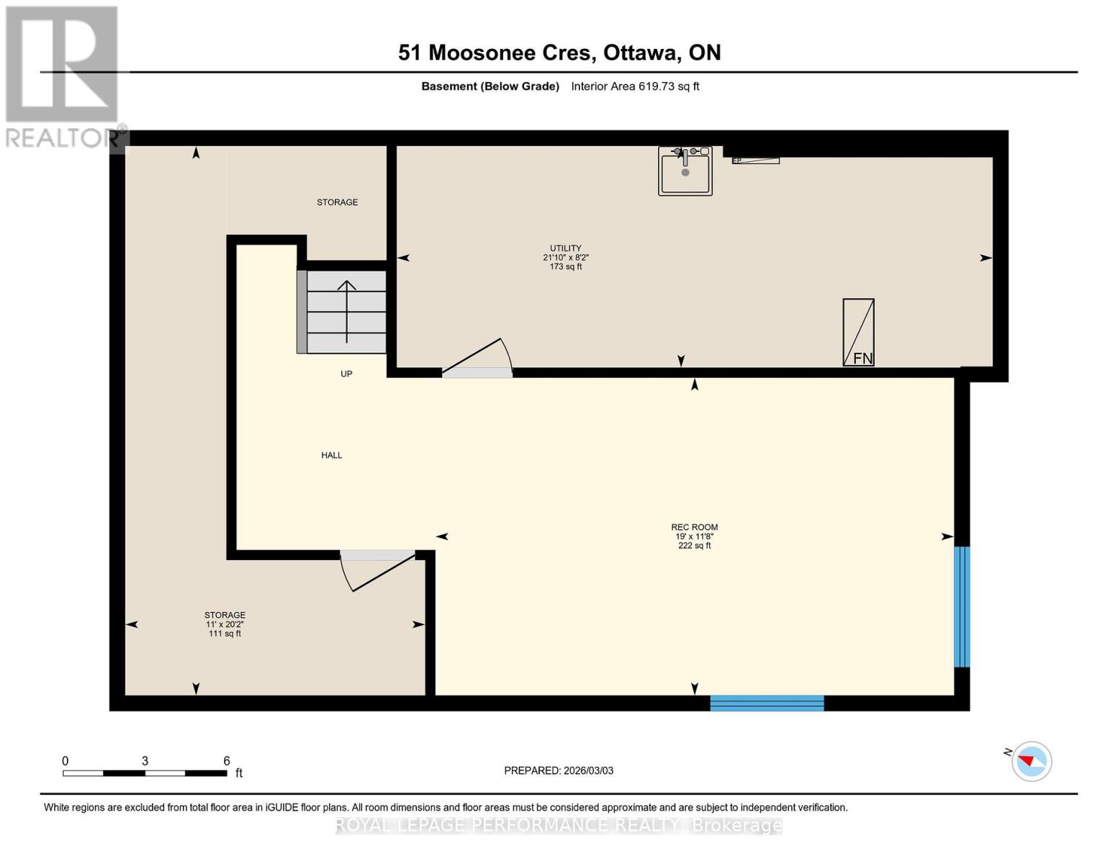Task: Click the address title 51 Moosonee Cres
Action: [559, 53]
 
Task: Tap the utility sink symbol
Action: [685, 171]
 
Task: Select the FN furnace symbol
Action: [858, 333]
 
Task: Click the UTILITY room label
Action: [566, 248]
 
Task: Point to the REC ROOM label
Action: [694, 527]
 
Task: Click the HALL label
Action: [331, 455]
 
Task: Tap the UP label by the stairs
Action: [346, 374]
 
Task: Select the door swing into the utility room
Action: [477, 358]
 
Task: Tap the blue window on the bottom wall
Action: [767, 703]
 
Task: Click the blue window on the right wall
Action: [962, 607]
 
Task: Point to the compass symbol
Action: [1032, 761]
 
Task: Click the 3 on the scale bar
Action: [145, 761]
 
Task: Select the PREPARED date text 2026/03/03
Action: [559, 770]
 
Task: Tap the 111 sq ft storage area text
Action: [225, 634]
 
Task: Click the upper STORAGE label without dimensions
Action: [337, 202]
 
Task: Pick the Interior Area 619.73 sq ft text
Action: [635, 86]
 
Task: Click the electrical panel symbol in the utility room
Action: [755, 161]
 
